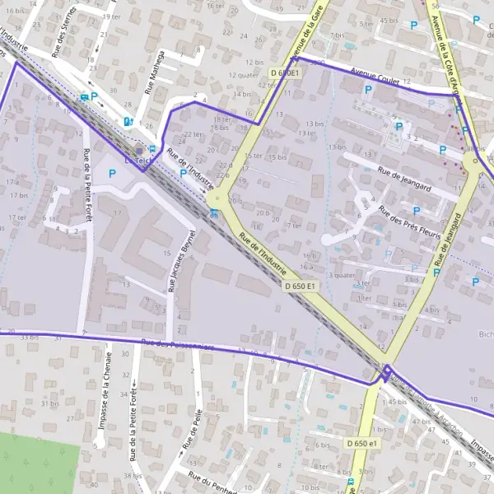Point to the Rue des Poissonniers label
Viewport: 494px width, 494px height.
tap(177, 346)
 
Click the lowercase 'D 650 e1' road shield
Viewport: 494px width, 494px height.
tap(362, 444)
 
